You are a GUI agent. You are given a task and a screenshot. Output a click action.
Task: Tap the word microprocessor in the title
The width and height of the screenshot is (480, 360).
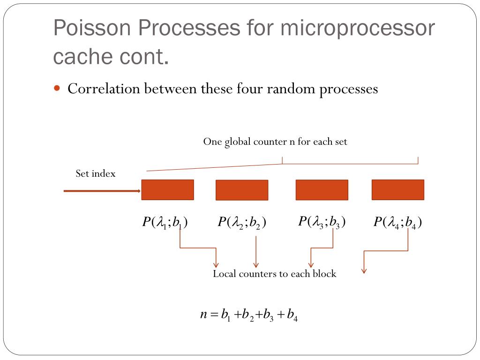358,29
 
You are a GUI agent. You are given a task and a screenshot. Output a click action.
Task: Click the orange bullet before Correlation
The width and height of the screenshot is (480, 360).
57,88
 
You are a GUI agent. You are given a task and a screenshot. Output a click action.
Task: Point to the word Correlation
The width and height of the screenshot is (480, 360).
104,89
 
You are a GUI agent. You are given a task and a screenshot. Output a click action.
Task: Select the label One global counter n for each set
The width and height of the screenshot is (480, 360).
275,142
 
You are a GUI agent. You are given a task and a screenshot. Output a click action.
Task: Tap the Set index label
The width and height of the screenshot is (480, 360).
96,173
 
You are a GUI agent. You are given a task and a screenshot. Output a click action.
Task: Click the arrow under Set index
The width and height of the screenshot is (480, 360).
102,191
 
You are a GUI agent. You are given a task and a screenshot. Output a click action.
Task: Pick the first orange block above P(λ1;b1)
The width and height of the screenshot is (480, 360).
167,190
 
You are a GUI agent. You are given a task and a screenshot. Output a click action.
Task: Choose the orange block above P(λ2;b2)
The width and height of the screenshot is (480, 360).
242,190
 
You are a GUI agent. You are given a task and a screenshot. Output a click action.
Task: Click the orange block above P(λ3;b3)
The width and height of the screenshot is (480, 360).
322,190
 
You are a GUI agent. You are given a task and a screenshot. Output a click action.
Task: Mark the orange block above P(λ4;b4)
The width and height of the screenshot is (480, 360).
397,190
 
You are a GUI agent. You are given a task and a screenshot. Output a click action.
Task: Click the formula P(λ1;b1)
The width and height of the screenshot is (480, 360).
165,222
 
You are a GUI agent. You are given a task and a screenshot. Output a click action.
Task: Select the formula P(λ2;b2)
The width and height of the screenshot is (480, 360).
242,222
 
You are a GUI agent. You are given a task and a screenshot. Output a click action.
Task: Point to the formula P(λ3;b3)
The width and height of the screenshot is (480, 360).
322,221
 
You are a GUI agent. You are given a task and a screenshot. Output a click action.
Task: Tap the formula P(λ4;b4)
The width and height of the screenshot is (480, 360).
397,222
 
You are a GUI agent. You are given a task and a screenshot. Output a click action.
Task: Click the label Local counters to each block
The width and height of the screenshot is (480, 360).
274,274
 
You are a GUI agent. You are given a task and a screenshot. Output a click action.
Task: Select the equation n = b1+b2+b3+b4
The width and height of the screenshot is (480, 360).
249,315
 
